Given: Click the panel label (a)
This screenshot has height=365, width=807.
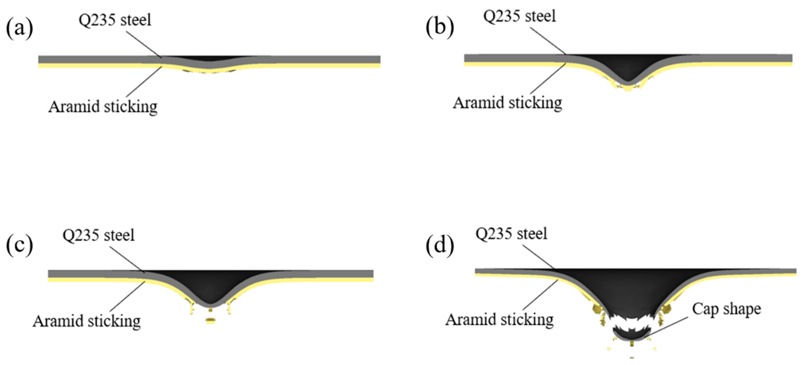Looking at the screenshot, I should click(x=19, y=28).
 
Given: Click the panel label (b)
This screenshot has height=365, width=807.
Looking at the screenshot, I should click(x=439, y=27).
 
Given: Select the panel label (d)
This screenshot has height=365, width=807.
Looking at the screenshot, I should click(x=439, y=245).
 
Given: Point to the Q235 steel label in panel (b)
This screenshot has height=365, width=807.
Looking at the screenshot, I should click(x=519, y=16).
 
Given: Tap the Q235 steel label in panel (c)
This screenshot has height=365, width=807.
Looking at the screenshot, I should click(x=98, y=235).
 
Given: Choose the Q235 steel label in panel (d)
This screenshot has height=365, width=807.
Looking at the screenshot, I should click(x=511, y=234).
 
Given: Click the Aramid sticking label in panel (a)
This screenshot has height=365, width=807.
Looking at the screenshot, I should click(x=103, y=107).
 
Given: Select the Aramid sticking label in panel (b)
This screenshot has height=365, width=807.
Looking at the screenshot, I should click(x=507, y=103).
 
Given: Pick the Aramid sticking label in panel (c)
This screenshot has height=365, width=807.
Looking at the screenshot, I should click(x=87, y=321).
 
